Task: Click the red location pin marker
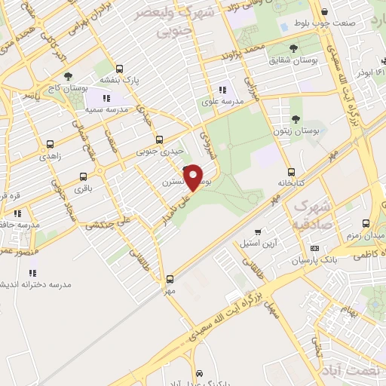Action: (x=194, y=178)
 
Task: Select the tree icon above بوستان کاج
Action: (x=69, y=76)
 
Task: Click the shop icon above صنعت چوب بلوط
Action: (x=324, y=12)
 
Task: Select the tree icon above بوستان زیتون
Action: (x=295, y=119)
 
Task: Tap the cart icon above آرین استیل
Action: (x=258, y=232)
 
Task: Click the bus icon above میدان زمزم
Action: (x=366, y=224)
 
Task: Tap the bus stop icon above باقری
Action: (x=81, y=179)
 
